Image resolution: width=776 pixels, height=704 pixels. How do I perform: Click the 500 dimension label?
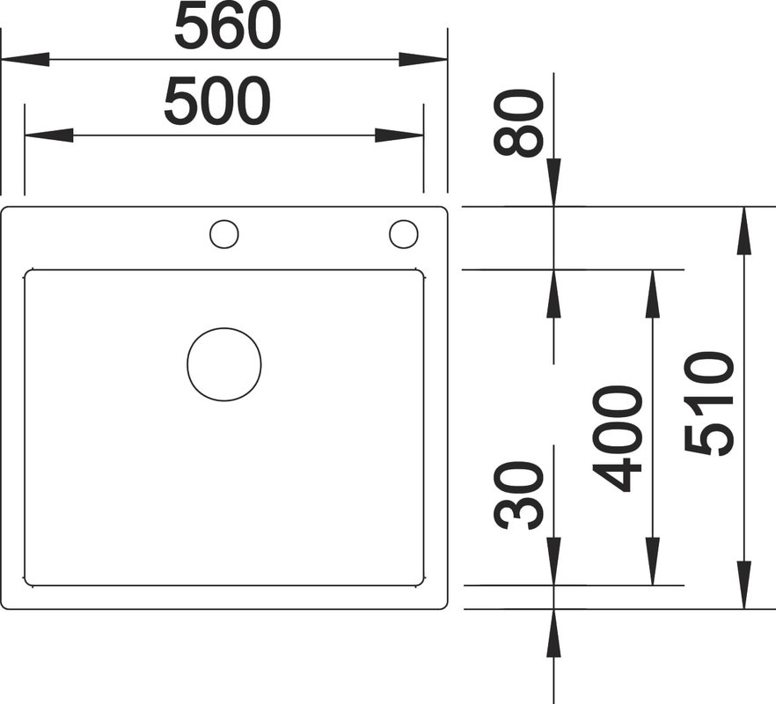(x=217, y=101)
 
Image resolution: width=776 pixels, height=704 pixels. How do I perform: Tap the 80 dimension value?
(x=518, y=123)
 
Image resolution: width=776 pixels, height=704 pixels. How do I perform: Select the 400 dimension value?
(x=617, y=438)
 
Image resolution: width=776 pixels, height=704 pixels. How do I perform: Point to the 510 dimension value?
(x=708, y=404)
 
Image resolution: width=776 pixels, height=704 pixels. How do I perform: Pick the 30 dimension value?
(x=518, y=495)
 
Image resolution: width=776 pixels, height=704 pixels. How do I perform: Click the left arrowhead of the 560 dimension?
(x=25, y=60)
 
